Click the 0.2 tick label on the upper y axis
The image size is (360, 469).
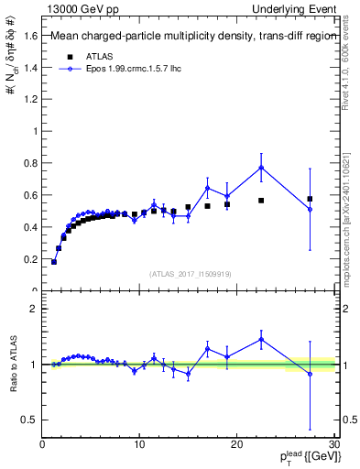[30, 259]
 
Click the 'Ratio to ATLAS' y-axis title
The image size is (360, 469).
[13, 364]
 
